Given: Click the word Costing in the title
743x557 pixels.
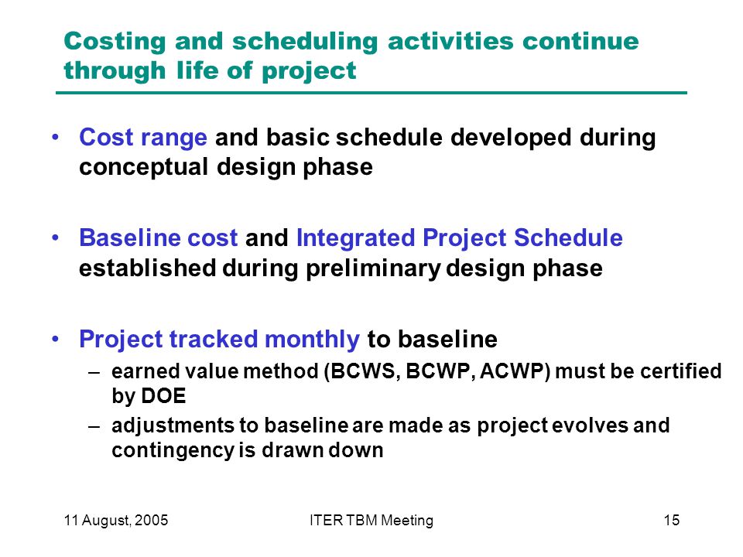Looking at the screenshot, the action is [x=115, y=42].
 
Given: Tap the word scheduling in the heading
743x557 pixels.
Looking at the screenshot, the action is [x=305, y=41].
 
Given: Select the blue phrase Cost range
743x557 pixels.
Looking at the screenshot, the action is [x=143, y=138].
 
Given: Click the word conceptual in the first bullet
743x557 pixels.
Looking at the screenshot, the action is [x=144, y=167].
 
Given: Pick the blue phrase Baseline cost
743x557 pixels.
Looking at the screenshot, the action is [x=158, y=237].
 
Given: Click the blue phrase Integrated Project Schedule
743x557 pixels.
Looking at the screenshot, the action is [x=459, y=238].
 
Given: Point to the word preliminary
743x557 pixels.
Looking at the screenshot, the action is [x=373, y=268].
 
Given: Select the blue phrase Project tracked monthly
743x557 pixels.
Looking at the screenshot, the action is [x=219, y=340].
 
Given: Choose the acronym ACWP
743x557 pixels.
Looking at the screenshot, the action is [x=512, y=371].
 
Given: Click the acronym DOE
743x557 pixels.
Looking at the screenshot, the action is [x=163, y=396].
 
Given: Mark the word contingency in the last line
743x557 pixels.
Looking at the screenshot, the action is [x=173, y=450].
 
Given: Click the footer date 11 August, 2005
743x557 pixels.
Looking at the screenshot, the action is [x=116, y=521].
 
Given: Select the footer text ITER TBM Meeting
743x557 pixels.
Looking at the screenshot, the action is [x=371, y=521].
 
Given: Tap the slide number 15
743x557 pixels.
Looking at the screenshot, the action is [x=672, y=521].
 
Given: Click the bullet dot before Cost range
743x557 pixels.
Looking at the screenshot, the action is [x=56, y=138].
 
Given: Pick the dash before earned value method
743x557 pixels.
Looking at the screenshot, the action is [x=94, y=372].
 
